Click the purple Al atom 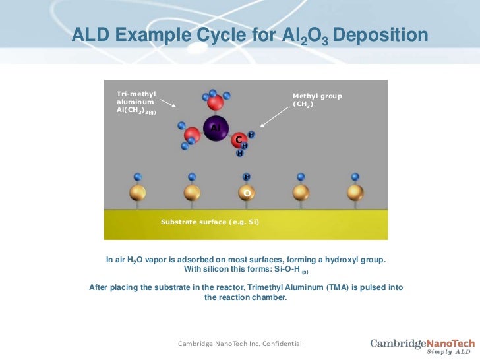tap(215, 127)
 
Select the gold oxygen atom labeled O tap(247, 193)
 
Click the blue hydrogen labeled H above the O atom tap(247, 177)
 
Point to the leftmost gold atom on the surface tap(137, 193)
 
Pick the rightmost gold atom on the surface tap(355, 193)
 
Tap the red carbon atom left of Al tap(192, 136)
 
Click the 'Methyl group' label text tap(317, 96)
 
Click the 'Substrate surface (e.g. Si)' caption tap(210, 222)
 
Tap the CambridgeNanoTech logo tap(422, 345)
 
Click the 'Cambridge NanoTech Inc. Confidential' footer tap(240, 344)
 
